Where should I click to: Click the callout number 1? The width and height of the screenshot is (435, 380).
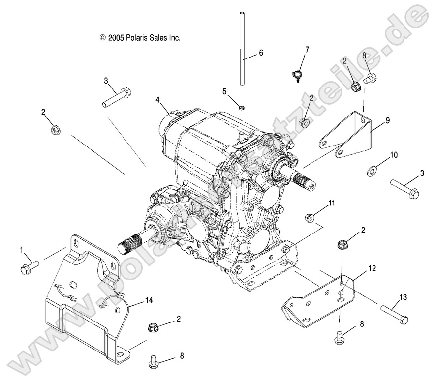pos(22,250)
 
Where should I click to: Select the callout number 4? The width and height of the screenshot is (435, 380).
pos(158,100)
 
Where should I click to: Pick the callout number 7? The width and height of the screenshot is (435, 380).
pos(307,49)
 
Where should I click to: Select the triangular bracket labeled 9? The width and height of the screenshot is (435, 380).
pos(348,134)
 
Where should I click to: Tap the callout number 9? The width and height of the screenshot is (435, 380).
pos(387,119)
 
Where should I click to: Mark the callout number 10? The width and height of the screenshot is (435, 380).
pos(394,155)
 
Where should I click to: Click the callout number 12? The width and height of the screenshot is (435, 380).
pos(372,268)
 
